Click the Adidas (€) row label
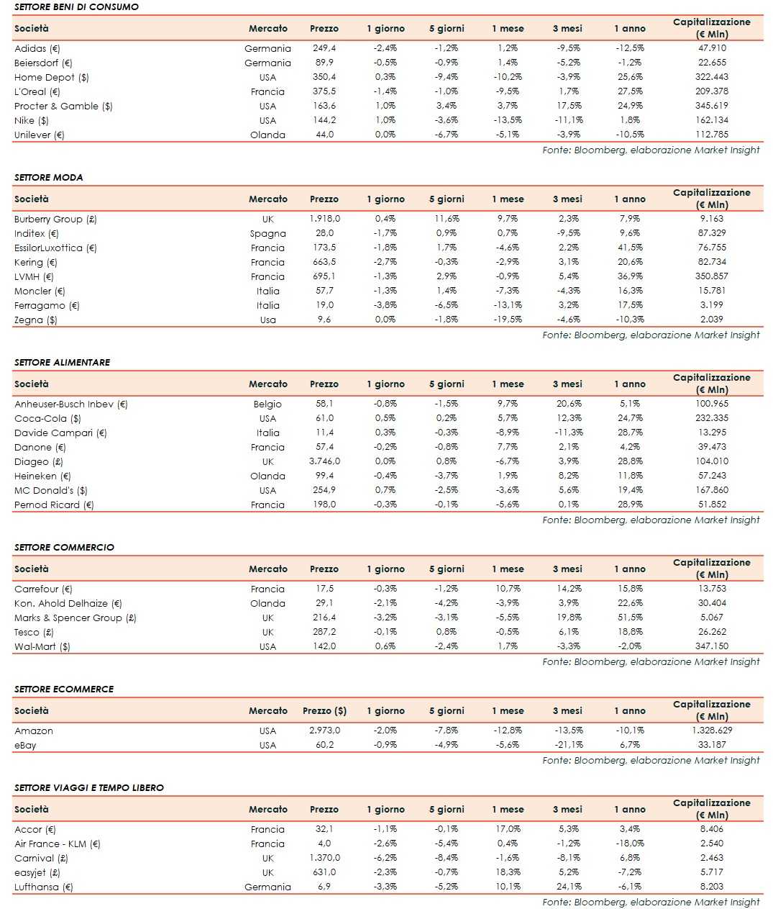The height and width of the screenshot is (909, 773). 37,49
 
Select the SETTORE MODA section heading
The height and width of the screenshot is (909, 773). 48,178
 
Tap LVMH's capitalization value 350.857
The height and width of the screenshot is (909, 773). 711,276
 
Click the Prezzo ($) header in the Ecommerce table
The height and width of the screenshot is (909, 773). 324,711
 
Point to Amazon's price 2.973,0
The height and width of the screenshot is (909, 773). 324,731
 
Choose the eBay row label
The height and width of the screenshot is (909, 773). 25,746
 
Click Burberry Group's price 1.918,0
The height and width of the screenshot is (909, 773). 324,219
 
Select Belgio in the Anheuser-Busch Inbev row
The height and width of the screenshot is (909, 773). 267,404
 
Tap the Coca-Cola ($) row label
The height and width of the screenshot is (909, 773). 47,419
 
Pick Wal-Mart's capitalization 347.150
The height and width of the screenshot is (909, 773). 711,646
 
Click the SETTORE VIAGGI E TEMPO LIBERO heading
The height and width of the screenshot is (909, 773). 89,788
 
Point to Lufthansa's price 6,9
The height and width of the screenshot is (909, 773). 324,887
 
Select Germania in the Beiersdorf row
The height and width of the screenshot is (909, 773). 267,63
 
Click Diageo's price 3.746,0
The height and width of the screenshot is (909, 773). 324,461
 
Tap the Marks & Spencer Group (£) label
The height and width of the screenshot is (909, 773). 75,618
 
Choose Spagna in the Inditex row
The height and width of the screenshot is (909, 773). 267,234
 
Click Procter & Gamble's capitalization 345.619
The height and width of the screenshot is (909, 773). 711,106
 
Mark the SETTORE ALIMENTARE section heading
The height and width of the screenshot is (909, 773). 62,363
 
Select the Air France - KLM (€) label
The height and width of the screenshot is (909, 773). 57,844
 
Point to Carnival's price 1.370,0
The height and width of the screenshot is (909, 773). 324,858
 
